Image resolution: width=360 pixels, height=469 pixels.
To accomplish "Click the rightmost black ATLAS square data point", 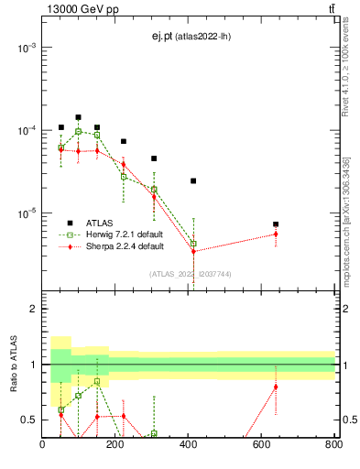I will point(276,224).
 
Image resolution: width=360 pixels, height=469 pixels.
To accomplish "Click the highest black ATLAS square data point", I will point(79,117).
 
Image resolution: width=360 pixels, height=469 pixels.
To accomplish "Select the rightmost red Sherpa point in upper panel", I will point(276,234).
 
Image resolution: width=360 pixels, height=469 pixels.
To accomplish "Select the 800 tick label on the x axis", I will point(333,446).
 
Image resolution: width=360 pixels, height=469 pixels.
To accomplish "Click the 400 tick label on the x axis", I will point(188,446).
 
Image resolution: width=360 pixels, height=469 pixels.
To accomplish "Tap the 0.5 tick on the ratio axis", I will point(29,420).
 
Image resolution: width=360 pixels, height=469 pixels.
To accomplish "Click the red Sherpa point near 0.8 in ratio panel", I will point(276,387).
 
